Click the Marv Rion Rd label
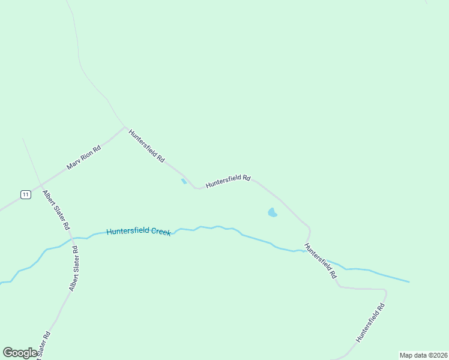coord(83,157)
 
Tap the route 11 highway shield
coord(25,194)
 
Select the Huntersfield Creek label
coord(139,232)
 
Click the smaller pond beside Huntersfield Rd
coord(184,181)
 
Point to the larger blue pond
coord(272,212)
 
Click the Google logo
coord(20,353)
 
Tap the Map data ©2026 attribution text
coord(423,355)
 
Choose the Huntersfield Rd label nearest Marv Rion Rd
coord(146,146)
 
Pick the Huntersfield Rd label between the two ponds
coord(228,181)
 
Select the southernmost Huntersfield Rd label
coord(370,323)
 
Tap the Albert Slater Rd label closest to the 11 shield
coord(56,211)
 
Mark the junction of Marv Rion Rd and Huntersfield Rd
coord(125,127)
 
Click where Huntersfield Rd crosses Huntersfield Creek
coord(306,250)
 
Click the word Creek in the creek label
coord(160,232)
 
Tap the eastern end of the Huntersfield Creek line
coord(409,281)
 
